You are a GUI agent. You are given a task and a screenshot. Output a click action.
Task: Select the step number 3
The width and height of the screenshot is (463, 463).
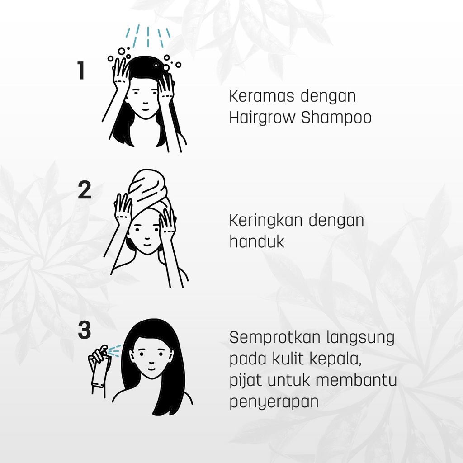tap(84, 331)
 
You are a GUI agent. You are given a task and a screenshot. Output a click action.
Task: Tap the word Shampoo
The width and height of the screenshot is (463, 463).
tap(336, 118)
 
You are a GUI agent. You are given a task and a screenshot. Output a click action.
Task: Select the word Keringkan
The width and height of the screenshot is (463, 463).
tap(265, 221)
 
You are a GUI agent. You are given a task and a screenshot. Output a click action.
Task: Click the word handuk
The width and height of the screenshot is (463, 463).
tap(257, 241)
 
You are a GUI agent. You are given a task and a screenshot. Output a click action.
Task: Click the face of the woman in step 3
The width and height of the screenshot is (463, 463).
tap(151, 357)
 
